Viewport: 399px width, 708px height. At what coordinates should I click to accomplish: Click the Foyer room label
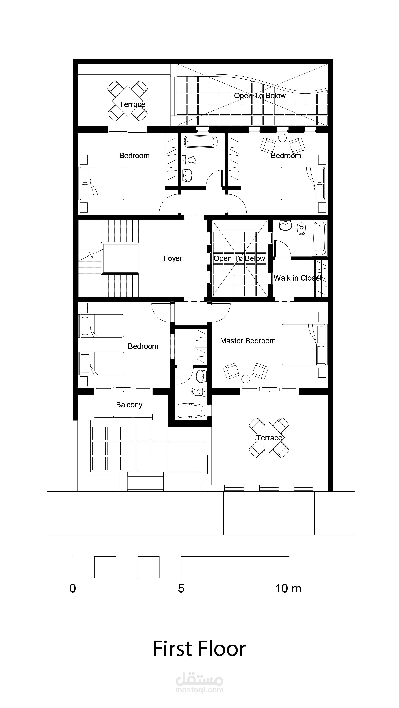tap(173, 258)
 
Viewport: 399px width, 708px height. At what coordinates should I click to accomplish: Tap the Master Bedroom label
tap(248, 341)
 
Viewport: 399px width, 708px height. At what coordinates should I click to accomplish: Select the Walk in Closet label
tap(297, 278)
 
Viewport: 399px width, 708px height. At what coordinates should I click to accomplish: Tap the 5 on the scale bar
tap(181, 588)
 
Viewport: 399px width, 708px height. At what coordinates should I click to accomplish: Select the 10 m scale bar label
tap(288, 588)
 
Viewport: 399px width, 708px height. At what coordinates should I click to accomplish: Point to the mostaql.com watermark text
tap(199, 690)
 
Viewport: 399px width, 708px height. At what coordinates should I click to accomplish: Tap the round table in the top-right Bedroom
tap(282, 138)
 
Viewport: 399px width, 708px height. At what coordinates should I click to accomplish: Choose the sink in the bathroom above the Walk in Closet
tap(285, 225)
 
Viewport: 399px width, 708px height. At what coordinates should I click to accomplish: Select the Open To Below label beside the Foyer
tap(239, 258)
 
